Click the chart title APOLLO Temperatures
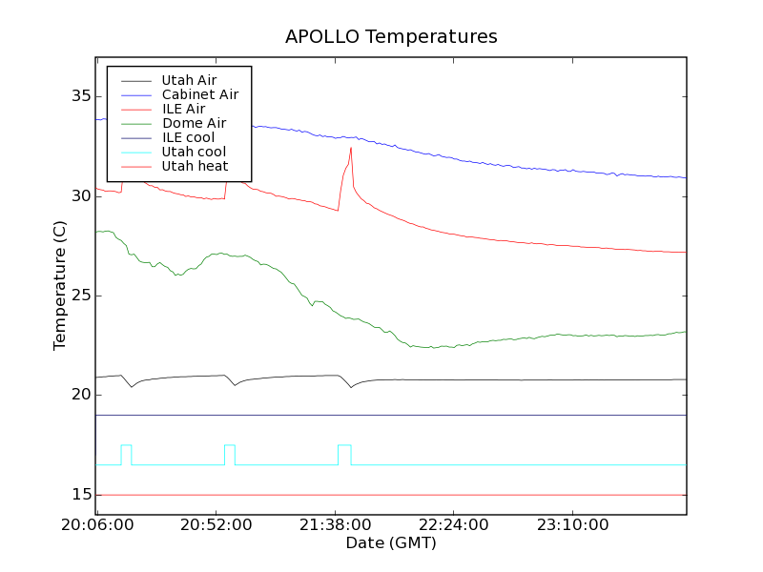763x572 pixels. tap(391, 37)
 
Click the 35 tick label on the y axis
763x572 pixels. tap(80, 96)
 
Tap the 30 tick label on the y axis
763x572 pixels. tap(80, 196)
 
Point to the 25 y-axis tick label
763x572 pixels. tap(80, 296)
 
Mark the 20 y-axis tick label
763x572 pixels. tap(80, 395)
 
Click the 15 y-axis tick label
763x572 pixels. tap(80, 495)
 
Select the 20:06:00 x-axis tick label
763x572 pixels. tap(98, 525)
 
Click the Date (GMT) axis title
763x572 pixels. tap(391, 543)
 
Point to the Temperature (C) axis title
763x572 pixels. tap(60, 286)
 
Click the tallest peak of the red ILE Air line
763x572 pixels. tap(351, 148)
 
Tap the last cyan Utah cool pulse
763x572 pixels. tap(344, 445)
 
